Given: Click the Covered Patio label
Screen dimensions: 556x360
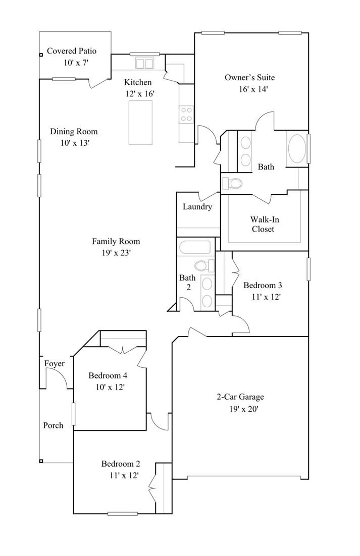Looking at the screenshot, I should click(71, 51).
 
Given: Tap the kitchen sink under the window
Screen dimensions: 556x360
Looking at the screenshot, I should click(145, 64).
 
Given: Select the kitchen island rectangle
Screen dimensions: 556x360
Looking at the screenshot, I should click(140, 123).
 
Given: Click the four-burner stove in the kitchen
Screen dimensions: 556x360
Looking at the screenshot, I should click(186, 115).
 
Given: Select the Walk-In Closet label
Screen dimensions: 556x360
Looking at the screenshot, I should click(263, 224).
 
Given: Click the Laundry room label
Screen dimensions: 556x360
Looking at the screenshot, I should click(197, 207).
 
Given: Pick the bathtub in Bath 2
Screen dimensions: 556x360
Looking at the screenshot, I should click(194, 248).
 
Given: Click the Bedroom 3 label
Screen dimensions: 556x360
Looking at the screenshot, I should click(263, 285).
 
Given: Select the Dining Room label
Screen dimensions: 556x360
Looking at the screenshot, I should click(74, 132).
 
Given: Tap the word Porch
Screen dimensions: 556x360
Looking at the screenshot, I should click(53, 425).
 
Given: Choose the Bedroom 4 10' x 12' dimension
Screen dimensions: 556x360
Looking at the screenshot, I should click(107, 387).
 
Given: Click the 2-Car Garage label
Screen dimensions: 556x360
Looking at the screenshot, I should click(240, 397).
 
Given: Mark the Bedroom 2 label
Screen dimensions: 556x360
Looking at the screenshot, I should click(121, 464).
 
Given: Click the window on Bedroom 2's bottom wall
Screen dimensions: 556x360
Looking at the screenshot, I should click(122, 514).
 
